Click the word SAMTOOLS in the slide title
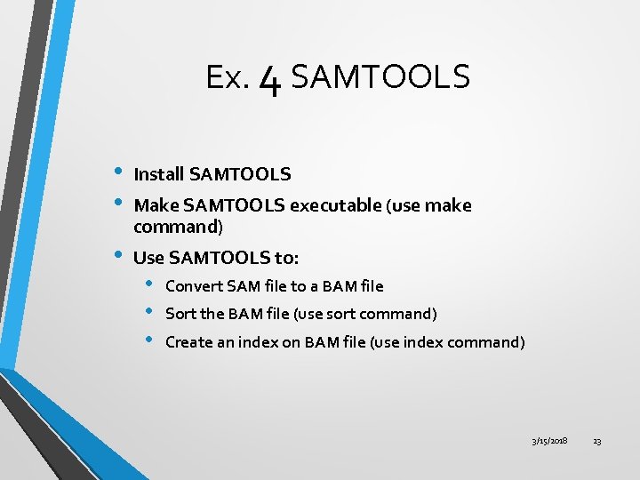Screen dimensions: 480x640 click(x=380, y=78)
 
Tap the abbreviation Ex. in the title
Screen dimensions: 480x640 click(x=227, y=79)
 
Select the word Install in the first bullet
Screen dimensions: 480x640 click(x=158, y=174)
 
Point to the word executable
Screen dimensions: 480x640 click(x=335, y=205)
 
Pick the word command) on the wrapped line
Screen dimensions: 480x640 click(x=178, y=227)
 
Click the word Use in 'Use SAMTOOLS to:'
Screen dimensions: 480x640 click(x=148, y=258)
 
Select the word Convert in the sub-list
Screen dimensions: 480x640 click(x=193, y=286)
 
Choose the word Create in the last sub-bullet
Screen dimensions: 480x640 click(x=188, y=342)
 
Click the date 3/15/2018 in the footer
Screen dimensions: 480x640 click(x=549, y=441)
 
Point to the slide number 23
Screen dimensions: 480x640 click(x=597, y=441)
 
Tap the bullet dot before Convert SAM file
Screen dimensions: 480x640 click(x=149, y=285)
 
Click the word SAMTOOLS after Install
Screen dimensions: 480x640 click(x=240, y=174)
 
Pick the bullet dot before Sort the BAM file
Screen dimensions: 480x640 click(x=149, y=313)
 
